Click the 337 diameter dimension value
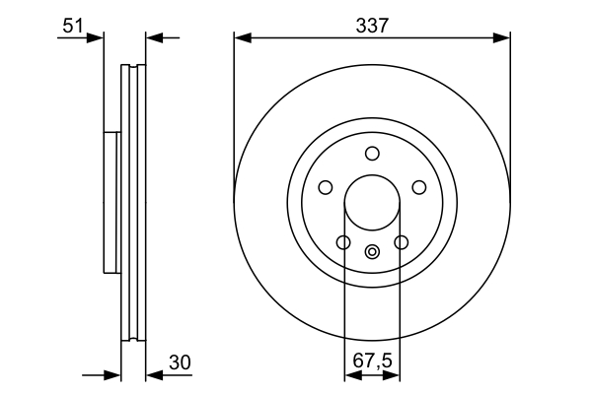[x=372, y=25]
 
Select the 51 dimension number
[x=72, y=25]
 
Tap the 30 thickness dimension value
[x=179, y=362]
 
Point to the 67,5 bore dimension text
[x=372, y=362]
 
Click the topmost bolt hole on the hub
[x=372, y=153]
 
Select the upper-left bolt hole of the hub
[x=326, y=187]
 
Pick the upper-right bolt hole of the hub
[x=418, y=187]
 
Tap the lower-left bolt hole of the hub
[x=343, y=242]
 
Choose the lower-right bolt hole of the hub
[x=401, y=242]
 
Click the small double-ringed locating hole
[x=372, y=251]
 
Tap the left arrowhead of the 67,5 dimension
[x=350, y=375]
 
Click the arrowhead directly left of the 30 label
[x=153, y=375]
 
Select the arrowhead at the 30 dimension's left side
[x=113, y=375]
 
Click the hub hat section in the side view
[x=111, y=202]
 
